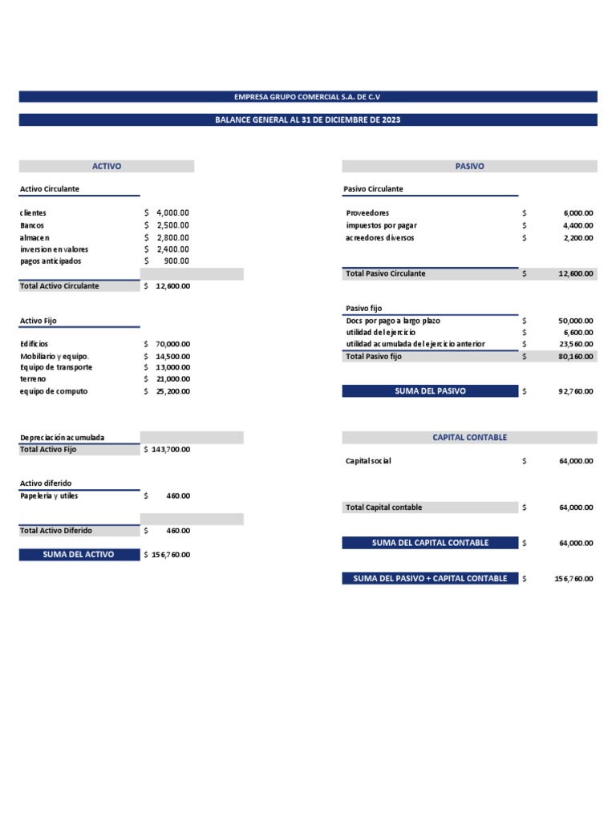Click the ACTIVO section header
(107, 166)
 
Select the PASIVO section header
(469, 166)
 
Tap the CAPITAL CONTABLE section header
(469, 437)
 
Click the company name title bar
(308, 96)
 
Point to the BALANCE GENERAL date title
(308, 119)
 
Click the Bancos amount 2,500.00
(172, 225)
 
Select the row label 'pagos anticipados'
(51, 261)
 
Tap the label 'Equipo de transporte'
(56, 367)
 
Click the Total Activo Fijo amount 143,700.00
(171, 450)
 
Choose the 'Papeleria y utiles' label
(49, 495)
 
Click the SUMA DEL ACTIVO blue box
(79, 554)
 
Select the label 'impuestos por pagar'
(381, 225)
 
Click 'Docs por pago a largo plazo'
(392, 320)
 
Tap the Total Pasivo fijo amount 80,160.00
(576, 356)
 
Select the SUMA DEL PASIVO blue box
(430, 391)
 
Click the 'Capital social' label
(368, 461)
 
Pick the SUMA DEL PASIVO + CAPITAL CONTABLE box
(430, 578)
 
